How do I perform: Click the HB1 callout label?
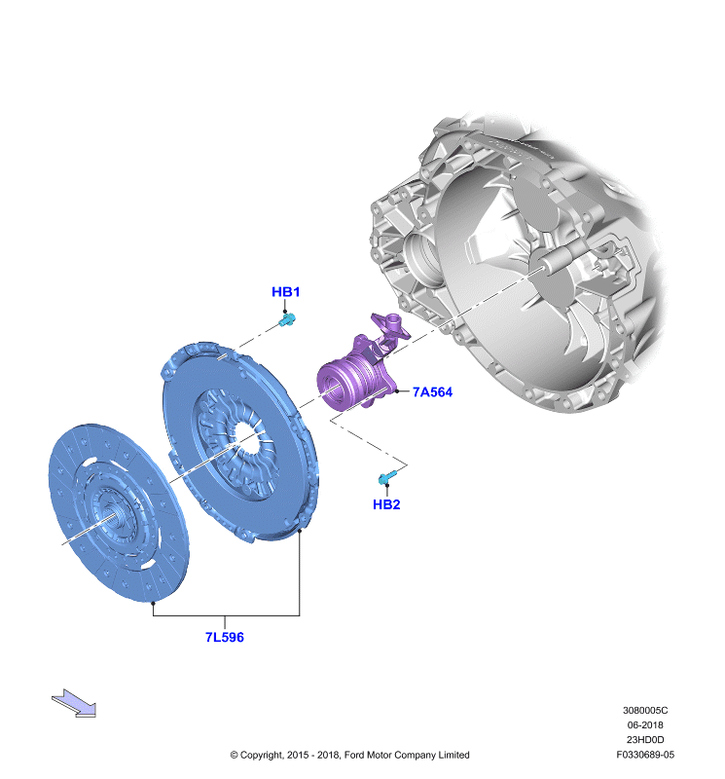tap(285, 291)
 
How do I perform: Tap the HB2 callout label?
tap(386, 504)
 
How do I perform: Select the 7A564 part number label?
tap(432, 392)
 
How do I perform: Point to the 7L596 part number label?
tap(225, 637)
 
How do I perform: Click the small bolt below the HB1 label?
tap(287, 319)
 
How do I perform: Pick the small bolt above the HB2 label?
tap(387, 477)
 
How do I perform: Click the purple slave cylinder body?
tap(351, 380)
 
